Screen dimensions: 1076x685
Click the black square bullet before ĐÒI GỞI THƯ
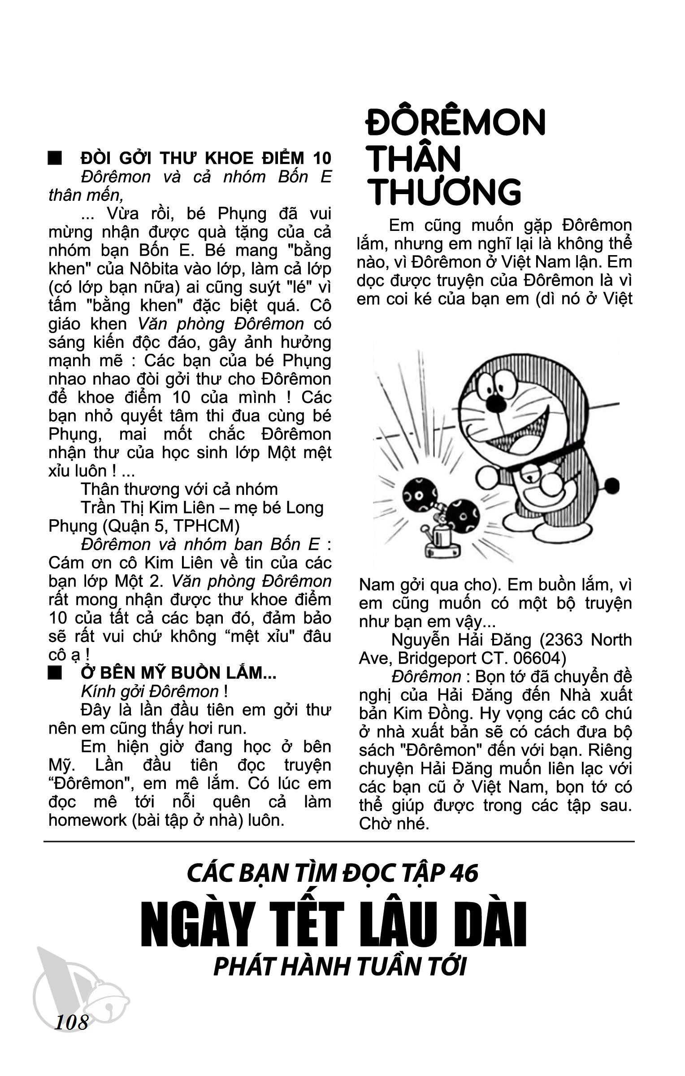[55, 159]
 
